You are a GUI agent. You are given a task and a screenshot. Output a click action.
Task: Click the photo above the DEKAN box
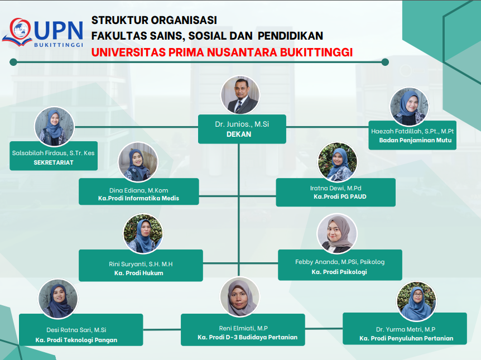point(241,95)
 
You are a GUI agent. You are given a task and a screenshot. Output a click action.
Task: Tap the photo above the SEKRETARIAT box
point(54,127)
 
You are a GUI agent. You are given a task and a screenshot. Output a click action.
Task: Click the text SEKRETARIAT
point(54,162)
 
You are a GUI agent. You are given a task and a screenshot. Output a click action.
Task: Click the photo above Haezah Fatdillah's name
point(409,107)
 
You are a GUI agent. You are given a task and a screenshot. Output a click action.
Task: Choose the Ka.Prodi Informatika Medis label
point(138,198)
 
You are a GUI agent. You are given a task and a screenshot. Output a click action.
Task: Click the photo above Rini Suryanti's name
point(143,234)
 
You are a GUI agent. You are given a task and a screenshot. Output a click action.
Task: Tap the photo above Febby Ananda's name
point(337,234)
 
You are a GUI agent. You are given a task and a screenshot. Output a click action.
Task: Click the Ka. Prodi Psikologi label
point(339,272)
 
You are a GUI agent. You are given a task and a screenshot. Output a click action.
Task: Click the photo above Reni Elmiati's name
point(240,296)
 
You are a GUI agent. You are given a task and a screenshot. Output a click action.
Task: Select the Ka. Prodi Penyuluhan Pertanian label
point(406,338)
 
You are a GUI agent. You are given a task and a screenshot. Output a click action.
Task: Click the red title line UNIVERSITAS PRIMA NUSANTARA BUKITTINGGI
point(222,52)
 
